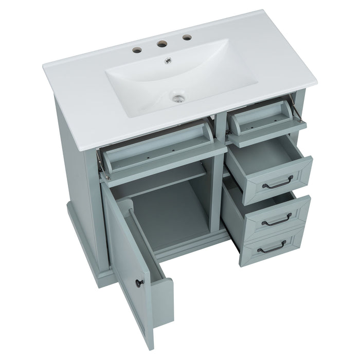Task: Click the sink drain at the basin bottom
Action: [178, 96]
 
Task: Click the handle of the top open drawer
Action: [278, 182]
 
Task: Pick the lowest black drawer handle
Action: [272, 248]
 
